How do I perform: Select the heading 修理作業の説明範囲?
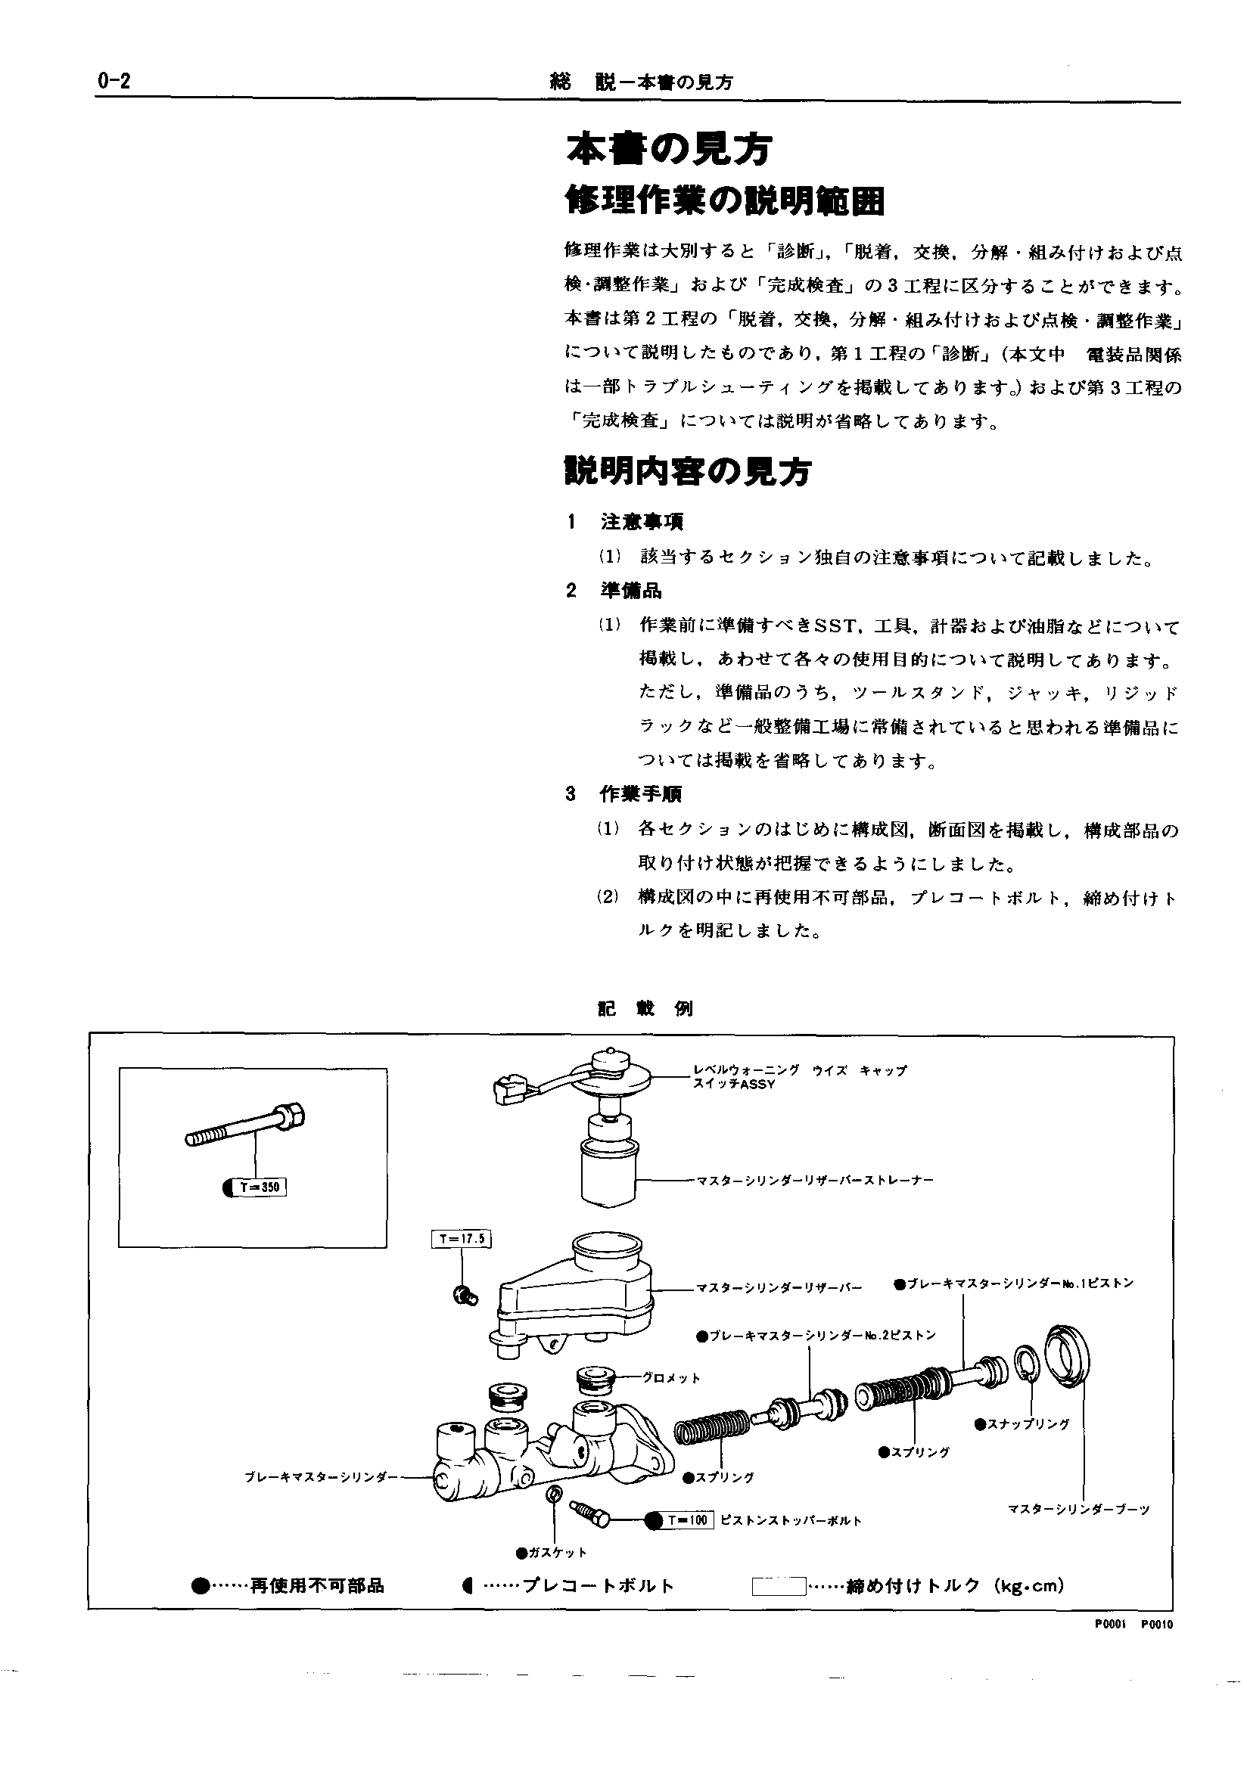pos(725,201)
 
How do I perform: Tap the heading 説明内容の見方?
pos(688,470)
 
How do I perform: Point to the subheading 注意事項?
pos(642,521)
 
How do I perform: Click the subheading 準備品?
pos(630,590)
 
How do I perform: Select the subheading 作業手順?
pos(641,794)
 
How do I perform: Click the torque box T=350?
pos(260,1187)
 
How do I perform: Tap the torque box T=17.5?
pos(461,1239)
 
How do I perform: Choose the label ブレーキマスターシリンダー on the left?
pos(322,1476)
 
